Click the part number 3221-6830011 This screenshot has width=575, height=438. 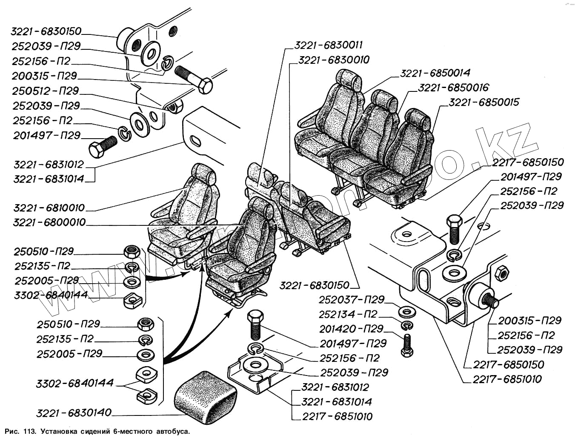pos(328,45)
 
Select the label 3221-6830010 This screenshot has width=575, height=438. pos(334,60)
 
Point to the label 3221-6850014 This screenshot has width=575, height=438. pos(435,73)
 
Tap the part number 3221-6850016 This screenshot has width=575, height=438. pos(453,88)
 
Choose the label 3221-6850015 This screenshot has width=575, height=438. pos(484,102)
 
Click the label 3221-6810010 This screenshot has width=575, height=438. pos(49,208)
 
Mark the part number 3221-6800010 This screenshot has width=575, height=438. pos(49,222)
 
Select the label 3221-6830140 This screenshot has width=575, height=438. pos(74,412)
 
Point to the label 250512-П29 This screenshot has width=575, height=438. pos(46,91)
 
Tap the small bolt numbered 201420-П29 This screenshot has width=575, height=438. pos(406,344)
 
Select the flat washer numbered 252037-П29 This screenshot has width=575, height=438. pos(407,312)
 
